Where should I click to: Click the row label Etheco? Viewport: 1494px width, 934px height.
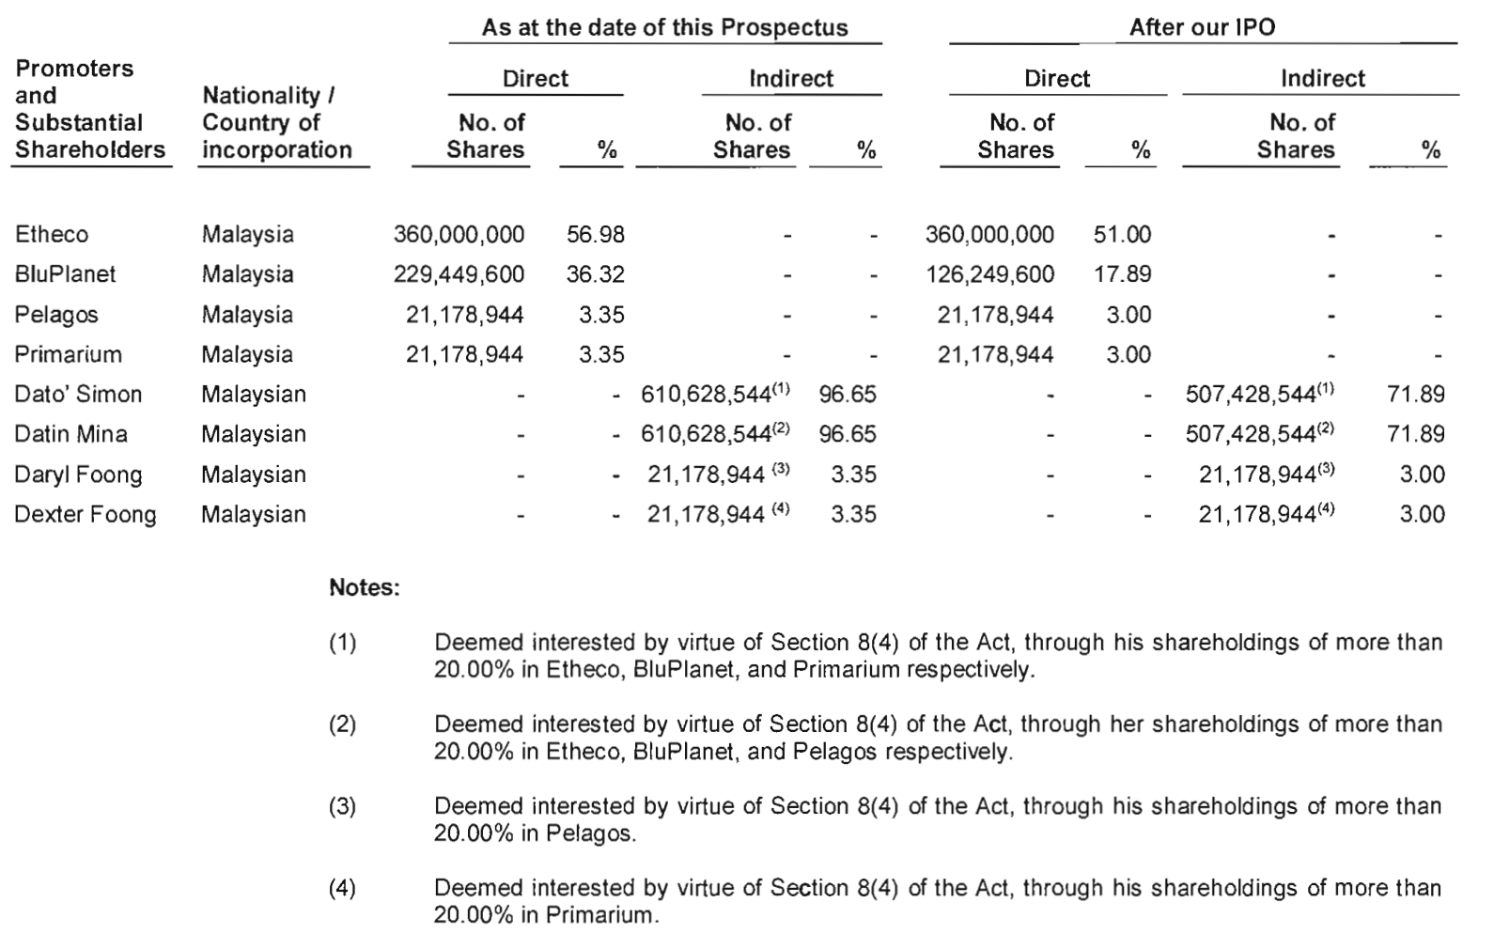coord(52,235)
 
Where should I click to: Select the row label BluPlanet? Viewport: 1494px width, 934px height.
coord(65,274)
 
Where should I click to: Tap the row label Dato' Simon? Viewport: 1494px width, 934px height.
coord(78,395)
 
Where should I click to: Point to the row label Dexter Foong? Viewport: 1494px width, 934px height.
coord(86,515)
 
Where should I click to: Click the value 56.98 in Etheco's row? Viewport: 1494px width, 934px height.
coord(596,235)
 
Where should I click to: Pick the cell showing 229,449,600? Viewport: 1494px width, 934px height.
coord(459,274)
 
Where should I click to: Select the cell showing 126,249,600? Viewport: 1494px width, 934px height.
coord(989,274)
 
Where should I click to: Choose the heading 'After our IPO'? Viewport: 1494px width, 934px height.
coord(1202,27)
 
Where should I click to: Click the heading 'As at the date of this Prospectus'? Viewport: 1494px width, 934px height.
coord(664,27)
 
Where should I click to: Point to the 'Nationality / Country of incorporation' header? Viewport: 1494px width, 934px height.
coord(276,122)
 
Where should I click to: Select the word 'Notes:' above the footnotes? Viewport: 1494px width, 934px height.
coord(365,589)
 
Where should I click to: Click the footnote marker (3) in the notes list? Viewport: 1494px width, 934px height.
coord(343,807)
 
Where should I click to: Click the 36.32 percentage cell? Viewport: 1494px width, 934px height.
coord(596,274)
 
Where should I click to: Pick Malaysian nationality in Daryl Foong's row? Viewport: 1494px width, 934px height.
coord(254,475)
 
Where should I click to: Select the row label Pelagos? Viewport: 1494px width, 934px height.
coord(56,315)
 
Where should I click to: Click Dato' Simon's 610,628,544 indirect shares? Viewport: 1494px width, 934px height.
coord(706,395)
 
